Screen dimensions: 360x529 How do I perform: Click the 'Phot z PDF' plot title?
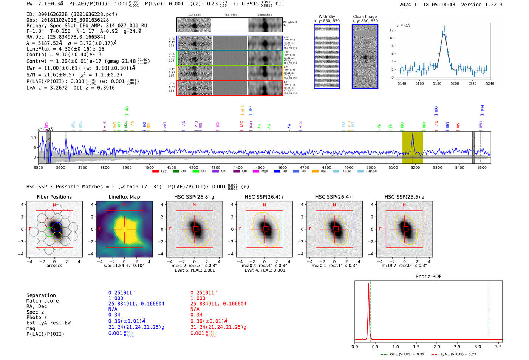point(428,277)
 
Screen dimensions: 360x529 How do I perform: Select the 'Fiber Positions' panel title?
point(54,197)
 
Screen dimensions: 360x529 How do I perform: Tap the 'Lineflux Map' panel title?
point(124,197)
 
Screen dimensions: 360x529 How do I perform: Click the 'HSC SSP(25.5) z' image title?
point(404,197)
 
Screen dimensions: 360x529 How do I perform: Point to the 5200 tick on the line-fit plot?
point(455,83)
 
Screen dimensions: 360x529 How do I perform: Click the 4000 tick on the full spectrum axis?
point(149,167)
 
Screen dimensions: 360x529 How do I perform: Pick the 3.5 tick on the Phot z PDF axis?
point(498,346)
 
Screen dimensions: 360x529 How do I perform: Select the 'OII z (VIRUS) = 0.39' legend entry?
point(402,354)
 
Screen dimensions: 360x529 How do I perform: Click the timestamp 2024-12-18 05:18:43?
point(427,5)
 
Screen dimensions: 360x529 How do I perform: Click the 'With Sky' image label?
point(326,17)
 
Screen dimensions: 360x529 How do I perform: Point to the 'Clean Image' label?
point(365,17)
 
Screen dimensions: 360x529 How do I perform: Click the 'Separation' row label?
point(41,295)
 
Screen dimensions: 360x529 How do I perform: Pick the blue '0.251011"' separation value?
point(121,293)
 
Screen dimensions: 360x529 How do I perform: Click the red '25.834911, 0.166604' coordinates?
point(218,304)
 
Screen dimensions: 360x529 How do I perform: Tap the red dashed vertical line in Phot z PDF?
point(489,310)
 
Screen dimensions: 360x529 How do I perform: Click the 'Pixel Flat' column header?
point(230,15)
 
